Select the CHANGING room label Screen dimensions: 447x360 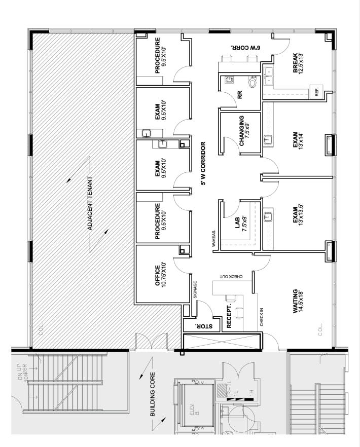tap(245, 131)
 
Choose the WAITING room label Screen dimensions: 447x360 tap(299, 304)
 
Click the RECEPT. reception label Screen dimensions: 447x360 tap(229, 317)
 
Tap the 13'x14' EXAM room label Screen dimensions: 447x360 tap(299, 139)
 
